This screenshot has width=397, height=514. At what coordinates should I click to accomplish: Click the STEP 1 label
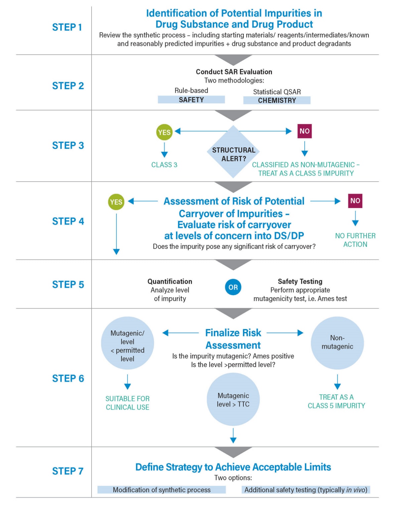(x=67, y=27)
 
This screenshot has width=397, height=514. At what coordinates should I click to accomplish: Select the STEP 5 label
(x=68, y=285)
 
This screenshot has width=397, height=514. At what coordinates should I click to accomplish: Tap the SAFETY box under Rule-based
(x=191, y=100)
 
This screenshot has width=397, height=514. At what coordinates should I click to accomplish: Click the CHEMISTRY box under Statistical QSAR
(x=277, y=100)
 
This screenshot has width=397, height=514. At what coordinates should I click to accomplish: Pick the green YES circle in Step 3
(x=164, y=132)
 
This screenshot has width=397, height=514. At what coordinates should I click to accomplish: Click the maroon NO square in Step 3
(x=304, y=131)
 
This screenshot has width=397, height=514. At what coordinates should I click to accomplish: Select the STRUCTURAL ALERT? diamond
(x=233, y=152)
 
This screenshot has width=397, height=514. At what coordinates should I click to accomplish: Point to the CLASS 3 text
(x=164, y=165)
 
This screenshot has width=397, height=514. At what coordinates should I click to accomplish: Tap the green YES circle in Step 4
(x=116, y=202)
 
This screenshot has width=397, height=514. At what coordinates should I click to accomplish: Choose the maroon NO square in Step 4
(x=355, y=201)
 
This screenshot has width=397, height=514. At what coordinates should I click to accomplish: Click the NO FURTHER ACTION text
(x=355, y=240)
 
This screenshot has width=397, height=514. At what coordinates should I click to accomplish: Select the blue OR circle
(x=233, y=287)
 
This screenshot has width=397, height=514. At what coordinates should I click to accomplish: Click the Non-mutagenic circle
(x=337, y=343)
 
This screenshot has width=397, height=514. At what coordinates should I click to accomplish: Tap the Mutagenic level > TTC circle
(x=233, y=400)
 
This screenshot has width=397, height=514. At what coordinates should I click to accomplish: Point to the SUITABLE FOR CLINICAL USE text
(x=127, y=403)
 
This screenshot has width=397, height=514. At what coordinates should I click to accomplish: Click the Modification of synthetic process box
(x=162, y=490)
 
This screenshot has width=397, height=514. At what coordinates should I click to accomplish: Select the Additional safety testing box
(x=306, y=490)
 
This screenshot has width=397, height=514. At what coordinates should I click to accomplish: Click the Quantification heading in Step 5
(x=170, y=281)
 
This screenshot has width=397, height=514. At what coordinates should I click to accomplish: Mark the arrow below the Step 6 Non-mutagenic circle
(x=337, y=382)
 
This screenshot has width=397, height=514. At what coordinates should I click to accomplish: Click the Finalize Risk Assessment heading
(x=233, y=339)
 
